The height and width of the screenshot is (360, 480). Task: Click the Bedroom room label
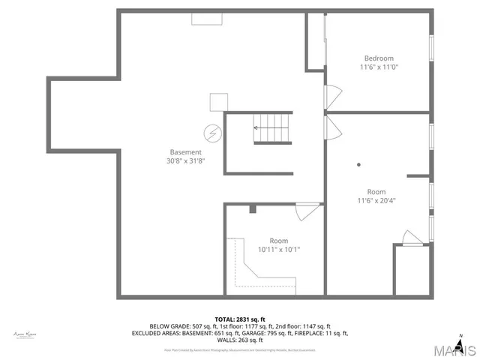click(379, 58)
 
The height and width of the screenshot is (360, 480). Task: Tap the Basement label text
click(185, 151)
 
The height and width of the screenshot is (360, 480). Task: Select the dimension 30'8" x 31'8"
click(185, 160)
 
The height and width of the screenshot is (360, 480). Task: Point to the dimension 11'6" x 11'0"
click(379, 67)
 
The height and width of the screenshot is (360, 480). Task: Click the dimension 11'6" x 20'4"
click(376, 200)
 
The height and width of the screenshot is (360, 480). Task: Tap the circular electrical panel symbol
click(212, 133)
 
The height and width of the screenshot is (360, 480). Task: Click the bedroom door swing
click(332, 95)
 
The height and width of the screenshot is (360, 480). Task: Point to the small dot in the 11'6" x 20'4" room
click(359, 164)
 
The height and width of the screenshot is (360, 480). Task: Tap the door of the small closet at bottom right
click(412, 238)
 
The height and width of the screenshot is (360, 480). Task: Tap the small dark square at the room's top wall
click(253, 208)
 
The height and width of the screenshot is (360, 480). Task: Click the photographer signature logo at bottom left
click(25, 334)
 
